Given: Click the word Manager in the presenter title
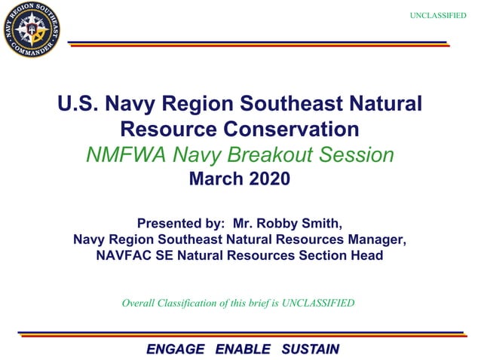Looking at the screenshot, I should (x=375, y=239).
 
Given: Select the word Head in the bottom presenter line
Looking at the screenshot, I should (x=365, y=256).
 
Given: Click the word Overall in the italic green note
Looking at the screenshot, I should (x=139, y=304).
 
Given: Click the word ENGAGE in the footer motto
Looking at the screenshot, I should (x=175, y=349).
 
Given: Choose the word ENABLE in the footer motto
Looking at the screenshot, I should (x=243, y=349).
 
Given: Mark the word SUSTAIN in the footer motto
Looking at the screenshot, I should (x=310, y=349).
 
